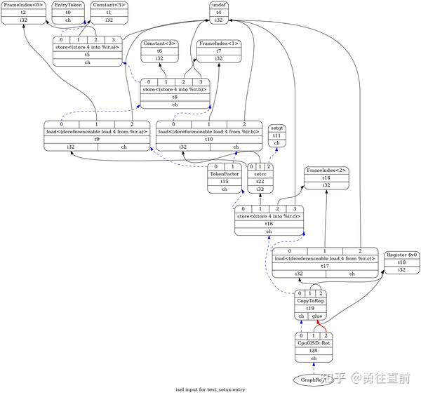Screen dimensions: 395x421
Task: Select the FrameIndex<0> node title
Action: [x=23, y=5]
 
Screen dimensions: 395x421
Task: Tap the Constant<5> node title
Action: [x=109, y=5]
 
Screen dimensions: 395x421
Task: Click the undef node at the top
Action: [x=218, y=5]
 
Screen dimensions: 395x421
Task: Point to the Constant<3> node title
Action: [x=161, y=43]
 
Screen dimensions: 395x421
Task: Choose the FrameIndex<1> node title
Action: [x=218, y=43]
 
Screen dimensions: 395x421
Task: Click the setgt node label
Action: [x=277, y=128]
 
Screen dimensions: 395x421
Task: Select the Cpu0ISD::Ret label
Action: [x=314, y=342]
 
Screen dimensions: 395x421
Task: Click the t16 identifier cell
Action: [x=269, y=222]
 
